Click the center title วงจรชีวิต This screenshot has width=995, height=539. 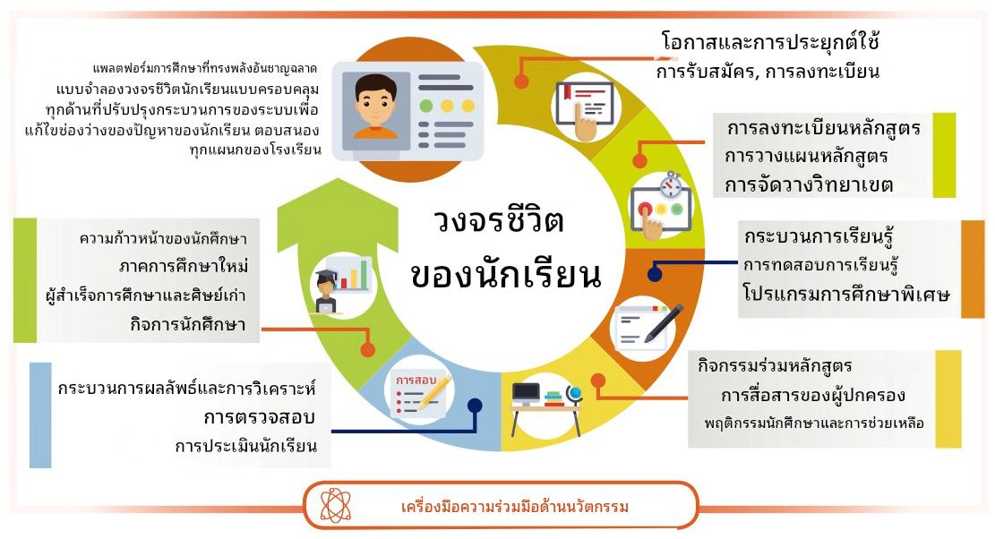pos(499,220)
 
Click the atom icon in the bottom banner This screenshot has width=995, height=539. pos(336,505)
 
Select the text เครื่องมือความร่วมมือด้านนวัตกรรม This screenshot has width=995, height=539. pos(515,507)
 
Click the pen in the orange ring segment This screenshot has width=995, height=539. pos(664,322)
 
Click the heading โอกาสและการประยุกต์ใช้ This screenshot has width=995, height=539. pos(769,42)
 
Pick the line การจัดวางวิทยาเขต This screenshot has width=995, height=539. pos(809,185)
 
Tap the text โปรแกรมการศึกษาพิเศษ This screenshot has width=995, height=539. pos(846,295)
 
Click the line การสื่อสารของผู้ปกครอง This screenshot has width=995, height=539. pos(813,396)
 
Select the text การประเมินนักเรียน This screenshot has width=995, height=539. pos(246,446)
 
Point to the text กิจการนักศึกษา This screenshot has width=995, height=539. pos(188,325)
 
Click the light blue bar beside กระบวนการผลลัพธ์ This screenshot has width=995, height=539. pos(40,415)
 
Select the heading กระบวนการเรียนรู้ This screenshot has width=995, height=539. pos(819,236)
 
